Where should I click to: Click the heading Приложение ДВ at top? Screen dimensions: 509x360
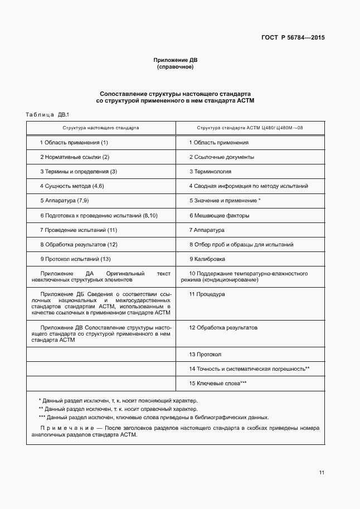tap(176, 60)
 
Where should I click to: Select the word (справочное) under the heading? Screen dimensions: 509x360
tap(176, 67)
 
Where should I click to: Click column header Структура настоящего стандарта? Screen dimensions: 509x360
tap(101, 128)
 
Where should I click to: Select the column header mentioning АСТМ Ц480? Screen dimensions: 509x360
tap(250, 128)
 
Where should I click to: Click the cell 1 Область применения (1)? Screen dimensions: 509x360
tap(74, 143)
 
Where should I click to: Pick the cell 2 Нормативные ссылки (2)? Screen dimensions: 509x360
tap(75, 157)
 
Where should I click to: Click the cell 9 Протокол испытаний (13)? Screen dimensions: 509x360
tap(76, 259)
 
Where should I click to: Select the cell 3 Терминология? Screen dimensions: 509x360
tap(210, 172)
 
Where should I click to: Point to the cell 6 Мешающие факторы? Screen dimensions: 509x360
tap(219, 215)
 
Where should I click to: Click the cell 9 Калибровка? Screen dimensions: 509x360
tap(207, 259)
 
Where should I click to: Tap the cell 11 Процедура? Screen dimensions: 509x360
tap(207, 294)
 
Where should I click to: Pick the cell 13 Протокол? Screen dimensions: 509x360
tap(205, 355)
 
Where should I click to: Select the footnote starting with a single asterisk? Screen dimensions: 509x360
tap(118, 400)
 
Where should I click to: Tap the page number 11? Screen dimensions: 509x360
tap(322, 473)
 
